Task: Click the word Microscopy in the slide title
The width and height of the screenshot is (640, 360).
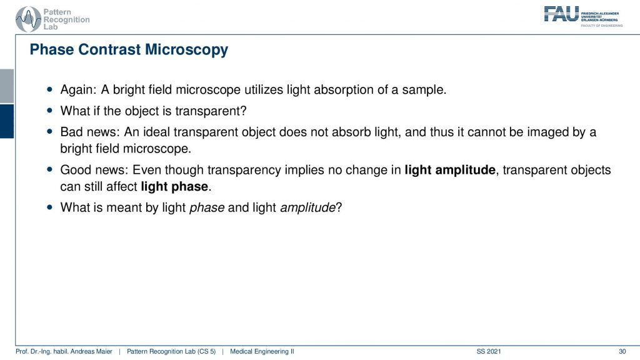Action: [x=186, y=50]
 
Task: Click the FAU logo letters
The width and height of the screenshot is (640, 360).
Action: [x=561, y=14]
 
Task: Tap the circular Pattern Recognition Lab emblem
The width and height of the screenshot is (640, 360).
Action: [x=28, y=19]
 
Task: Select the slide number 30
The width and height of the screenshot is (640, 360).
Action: [x=622, y=351]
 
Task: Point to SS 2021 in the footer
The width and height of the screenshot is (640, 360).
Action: [x=489, y=351]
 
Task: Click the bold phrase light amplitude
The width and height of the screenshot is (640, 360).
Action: [x=450, y=170]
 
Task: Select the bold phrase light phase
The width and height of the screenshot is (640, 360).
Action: [x=174, y=186]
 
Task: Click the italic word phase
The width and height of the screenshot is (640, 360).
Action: [x=207, y=207]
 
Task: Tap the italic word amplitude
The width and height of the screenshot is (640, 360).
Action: [x=307, y=207]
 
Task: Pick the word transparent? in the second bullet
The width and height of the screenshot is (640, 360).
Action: [x=211, y=111]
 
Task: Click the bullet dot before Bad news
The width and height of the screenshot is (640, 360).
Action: [x=50, y=131]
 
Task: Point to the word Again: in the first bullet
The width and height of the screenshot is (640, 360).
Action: [x=78, y=90]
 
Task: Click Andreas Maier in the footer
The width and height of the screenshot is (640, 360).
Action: [x=91, y=351]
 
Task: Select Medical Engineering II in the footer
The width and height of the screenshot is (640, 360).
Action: [x=262, y=351]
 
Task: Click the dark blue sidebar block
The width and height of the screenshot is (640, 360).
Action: [x=7, y=121]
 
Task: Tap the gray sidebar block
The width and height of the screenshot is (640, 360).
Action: [x=7, y=86]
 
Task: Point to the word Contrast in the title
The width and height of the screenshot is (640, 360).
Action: [x=110, y=50]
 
